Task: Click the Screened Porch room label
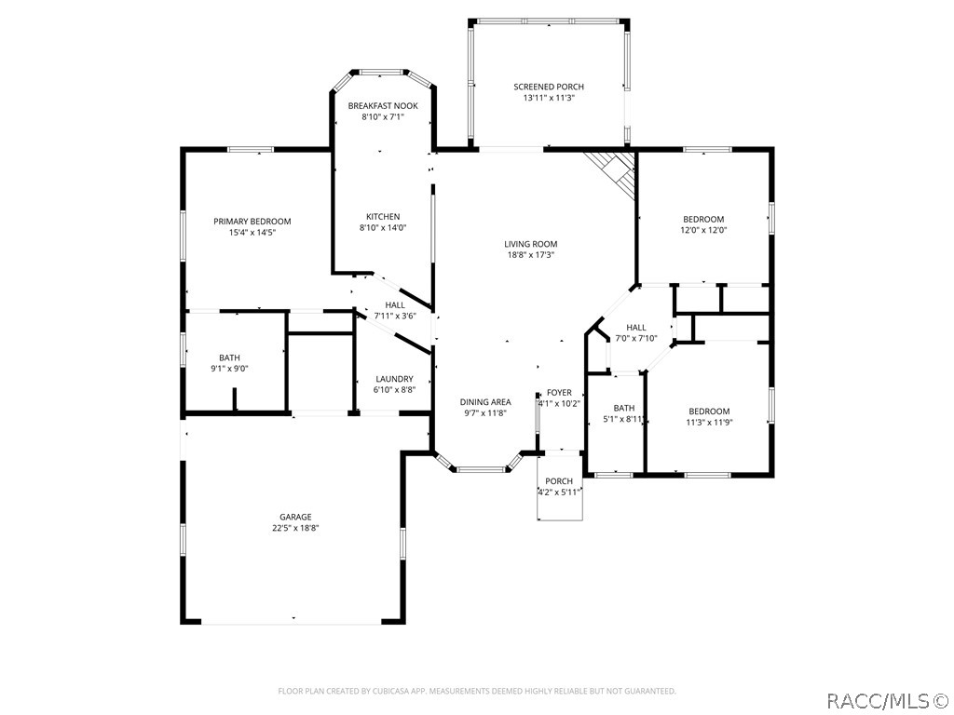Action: (549, 87)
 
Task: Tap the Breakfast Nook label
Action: (383, 106)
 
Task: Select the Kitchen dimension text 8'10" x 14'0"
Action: (383, 228)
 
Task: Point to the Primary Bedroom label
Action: (252, 222)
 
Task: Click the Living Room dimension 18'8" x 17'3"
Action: (531, 255)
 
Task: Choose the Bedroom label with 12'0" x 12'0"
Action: (703, 220)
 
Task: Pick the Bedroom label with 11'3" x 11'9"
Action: (709, 411)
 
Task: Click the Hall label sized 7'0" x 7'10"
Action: (636, 328)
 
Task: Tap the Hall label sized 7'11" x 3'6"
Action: (395, 304)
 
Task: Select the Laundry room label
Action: (394, 379)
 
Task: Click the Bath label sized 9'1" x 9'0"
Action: (229, 357)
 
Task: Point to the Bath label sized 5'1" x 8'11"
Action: (624, 408)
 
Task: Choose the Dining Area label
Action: (485, 402)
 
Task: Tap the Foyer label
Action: (559, 393)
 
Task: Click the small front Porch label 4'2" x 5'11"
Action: (559, 481)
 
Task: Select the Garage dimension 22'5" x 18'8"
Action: (296, 528)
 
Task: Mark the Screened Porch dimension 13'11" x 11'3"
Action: (549, 98)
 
